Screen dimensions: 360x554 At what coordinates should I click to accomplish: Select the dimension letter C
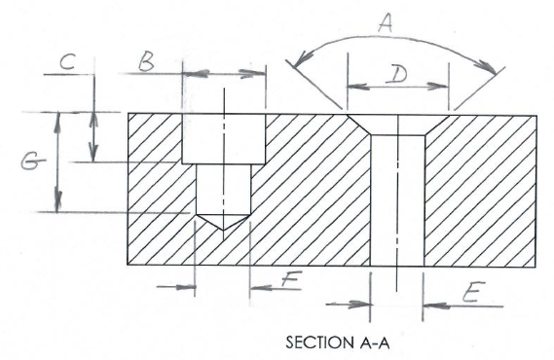(x=66, y=62)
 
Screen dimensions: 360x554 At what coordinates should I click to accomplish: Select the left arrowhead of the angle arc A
(x=292, y=62)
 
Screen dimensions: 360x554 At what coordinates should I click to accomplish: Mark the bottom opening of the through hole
(x=398, y=265)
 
